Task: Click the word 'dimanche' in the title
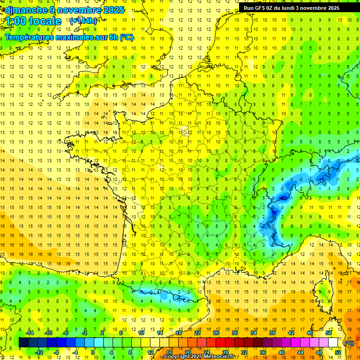coord(26,10)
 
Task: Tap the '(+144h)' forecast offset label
coord(83,21)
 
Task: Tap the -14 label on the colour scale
coord(29,333)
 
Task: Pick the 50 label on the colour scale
coord(329,333)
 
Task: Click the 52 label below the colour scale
coord(338,352)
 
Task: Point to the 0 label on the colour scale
coord(93,352)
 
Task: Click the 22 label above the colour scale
coord(197,333)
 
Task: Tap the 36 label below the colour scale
coord(263,352)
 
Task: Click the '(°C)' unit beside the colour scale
coord(349,343)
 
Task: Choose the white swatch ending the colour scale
coord(333,343)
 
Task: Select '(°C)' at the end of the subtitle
coord(127,37)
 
